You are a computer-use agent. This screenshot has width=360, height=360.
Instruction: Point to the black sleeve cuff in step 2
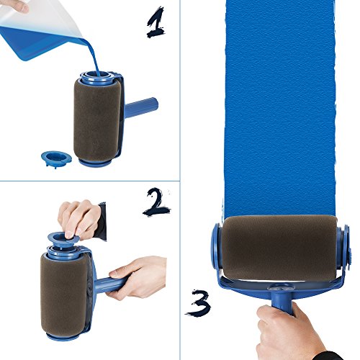100,220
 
